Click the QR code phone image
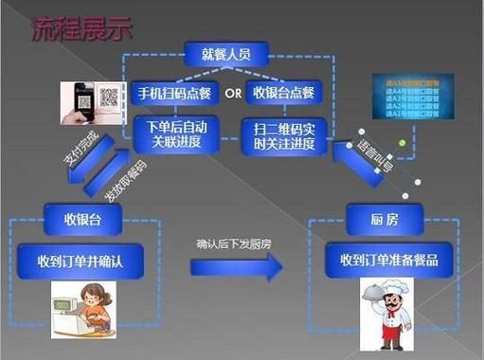(x=92, y=102)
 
